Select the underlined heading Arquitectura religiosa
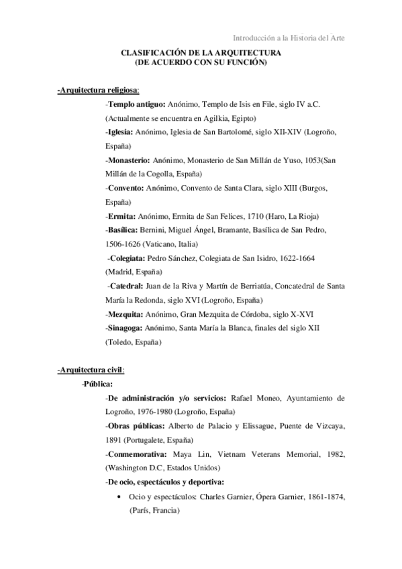[x=98, y=90]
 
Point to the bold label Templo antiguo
[x=136, y=105]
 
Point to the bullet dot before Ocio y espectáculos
[x=119, y=497]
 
